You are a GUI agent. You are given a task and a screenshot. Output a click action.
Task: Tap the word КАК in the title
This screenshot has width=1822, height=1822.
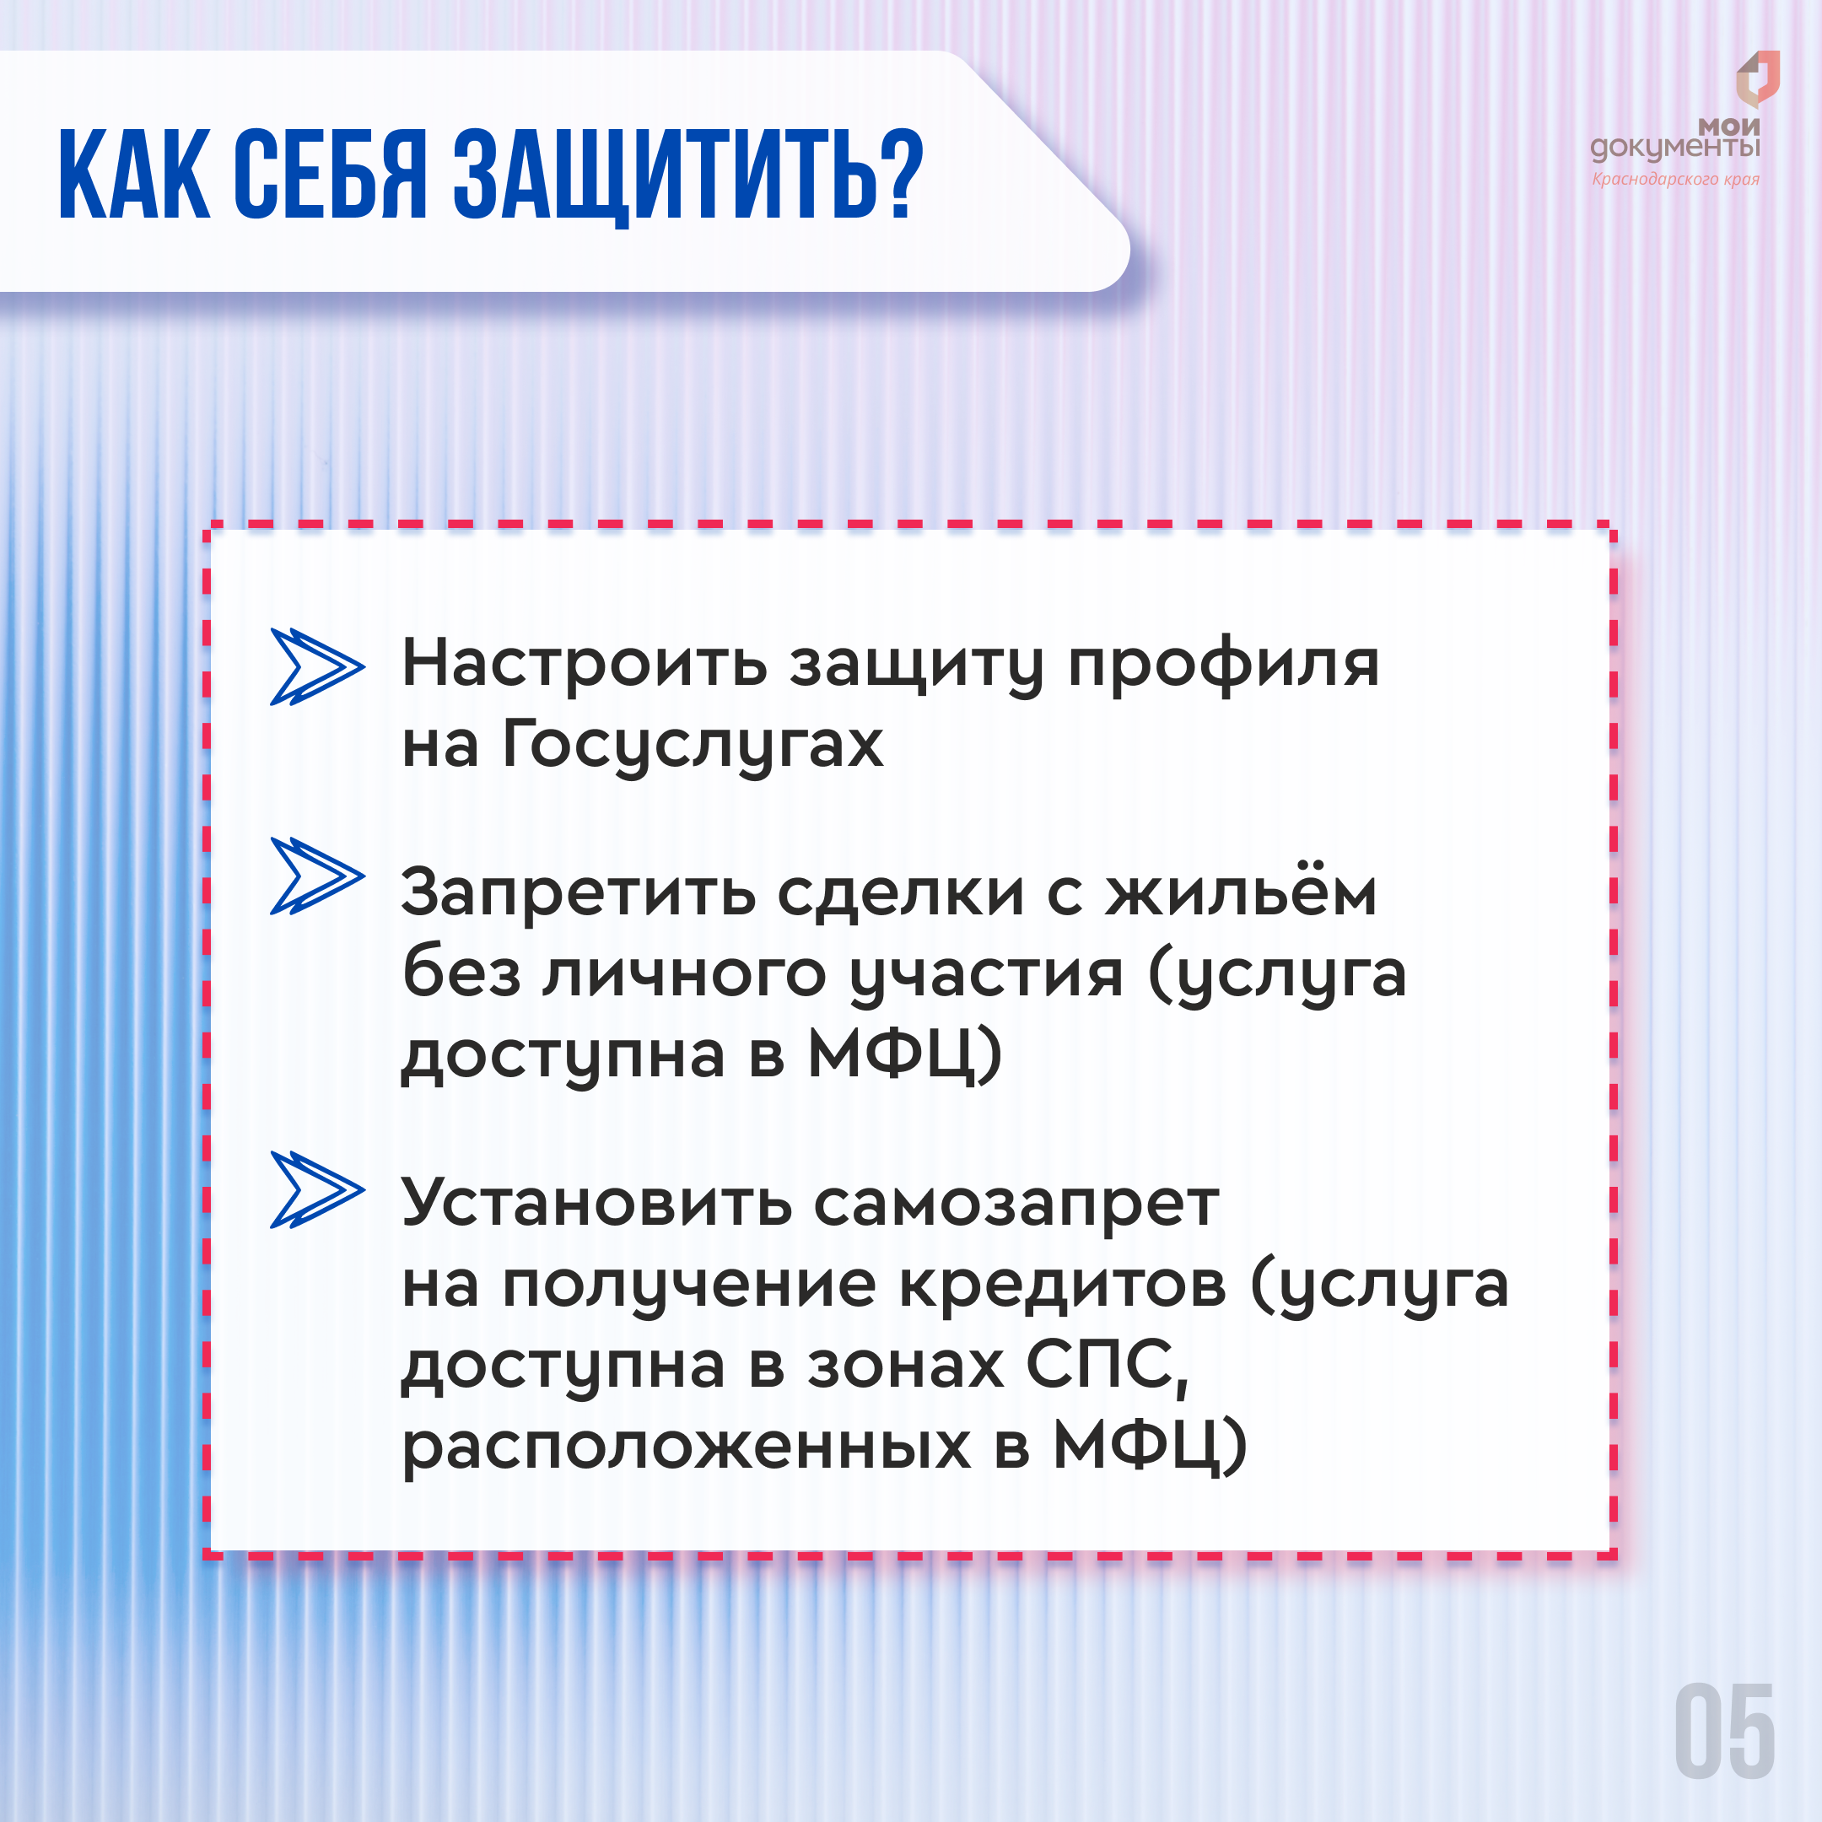(135, 175)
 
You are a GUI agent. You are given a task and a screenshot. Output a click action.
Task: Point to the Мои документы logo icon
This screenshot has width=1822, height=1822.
(1758, 78)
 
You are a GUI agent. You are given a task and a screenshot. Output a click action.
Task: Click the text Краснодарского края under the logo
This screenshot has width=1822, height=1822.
(1676, 179)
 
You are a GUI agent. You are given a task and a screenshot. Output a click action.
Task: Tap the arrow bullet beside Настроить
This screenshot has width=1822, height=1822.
(317, 666)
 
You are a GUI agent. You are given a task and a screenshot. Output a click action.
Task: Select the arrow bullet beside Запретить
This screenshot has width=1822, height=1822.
(317, 876)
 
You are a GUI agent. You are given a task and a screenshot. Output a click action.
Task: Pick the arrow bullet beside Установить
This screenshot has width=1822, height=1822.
(317, 1190)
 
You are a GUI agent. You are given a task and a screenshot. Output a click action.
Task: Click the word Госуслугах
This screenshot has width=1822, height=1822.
(693, 747)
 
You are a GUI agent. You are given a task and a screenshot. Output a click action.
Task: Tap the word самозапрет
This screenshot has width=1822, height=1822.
(1016, 1205)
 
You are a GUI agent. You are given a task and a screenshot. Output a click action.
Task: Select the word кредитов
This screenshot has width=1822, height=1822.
(1063, 1285)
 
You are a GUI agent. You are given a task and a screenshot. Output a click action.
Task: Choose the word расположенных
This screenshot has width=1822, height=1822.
(687, 1447)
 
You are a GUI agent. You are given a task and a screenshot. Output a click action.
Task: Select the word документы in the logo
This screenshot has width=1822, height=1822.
(1676, 149)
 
